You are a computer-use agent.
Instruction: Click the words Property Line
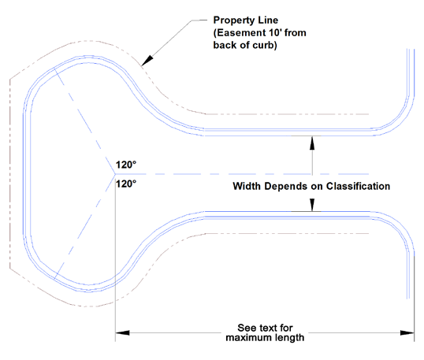246,20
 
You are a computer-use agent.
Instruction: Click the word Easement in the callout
238,33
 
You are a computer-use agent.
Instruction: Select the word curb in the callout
265,45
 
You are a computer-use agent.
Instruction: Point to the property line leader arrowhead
147,61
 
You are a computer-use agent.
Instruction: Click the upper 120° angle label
126,165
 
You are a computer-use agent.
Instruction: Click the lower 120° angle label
126,184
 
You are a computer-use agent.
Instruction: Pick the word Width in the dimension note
247,186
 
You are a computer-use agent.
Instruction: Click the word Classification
358,186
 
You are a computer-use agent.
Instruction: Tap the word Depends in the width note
285,187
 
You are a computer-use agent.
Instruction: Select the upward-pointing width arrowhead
312,143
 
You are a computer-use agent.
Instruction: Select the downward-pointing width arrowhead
312,205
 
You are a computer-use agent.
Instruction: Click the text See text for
265,328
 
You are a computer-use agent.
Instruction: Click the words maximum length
265,338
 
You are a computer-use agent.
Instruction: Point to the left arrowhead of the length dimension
122,332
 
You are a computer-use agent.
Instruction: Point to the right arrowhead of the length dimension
407,332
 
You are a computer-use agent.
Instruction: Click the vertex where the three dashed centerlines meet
115,174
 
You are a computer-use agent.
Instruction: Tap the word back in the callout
225,45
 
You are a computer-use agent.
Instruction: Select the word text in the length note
267,328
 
